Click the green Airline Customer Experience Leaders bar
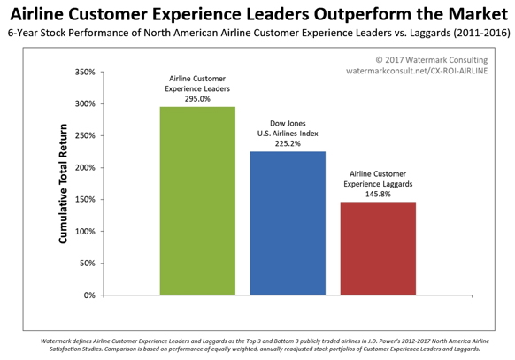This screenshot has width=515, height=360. point(197,201)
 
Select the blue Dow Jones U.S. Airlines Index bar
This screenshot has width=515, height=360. point(288,223)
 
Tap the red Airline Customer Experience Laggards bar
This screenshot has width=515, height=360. point(378,249)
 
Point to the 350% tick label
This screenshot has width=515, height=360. point(85,73)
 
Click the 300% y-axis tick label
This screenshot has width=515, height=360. point(85,104)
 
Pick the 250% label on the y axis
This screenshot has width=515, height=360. point(85,136)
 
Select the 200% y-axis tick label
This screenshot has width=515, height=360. point(85,168)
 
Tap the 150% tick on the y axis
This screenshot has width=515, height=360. point(85,200)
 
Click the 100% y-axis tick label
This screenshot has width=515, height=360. point(85,232)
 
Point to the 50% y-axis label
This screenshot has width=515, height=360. point(87,264)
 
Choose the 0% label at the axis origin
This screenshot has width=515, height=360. point(89,295)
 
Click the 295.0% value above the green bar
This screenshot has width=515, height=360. point(197,99)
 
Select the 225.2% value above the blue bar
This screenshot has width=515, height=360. point(288,143)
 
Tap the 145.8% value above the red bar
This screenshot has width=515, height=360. point(378,194)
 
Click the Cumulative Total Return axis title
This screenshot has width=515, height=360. point(63,184)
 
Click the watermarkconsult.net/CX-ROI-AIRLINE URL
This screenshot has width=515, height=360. point(417,71)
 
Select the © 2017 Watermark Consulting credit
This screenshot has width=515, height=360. point(432,60)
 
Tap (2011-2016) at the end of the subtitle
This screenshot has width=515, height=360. point(482,33)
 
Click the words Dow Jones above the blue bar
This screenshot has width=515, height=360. point(288,124)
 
